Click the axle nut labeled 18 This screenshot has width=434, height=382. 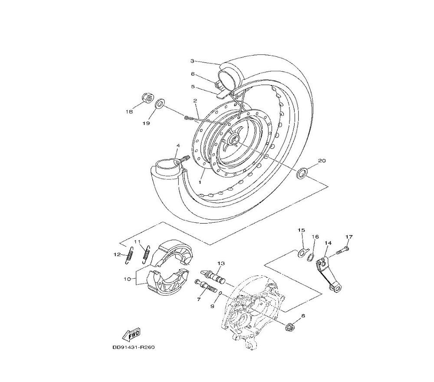pyautogui.click(x=147, y=97)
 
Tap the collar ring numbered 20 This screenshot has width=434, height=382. pyautogui.click(x=302, y=172)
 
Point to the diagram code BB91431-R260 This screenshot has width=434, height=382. pyautogui.click(x=133, y=347)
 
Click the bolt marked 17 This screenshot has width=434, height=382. pyautogui.click(x=342, y=250)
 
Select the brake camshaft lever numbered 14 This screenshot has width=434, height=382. pyautogui.click(x=329, y=274)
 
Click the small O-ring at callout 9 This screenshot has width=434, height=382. pyautogui.click(x=220, y=294)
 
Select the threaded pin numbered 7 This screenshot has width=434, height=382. pyautogui.click(x=204, y=286)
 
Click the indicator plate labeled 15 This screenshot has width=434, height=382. pyautogui.click(x=302, y=253)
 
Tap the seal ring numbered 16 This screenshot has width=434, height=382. pyautogui.click(x=311, y=257)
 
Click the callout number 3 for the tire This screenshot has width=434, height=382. pyautogui.click(x=192, y=61)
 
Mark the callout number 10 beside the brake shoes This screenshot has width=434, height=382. pyautogui.click(x=127, y=279)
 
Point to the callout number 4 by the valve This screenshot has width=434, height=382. pyautogui.click(x=178, y=145)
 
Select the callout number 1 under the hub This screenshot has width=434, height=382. pyautogui.click(x=200, y=182)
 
